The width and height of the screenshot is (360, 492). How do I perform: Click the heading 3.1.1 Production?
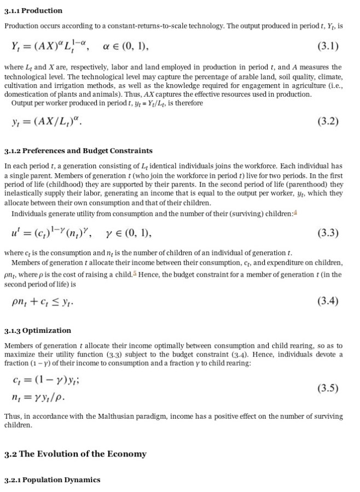[x=33, y=11]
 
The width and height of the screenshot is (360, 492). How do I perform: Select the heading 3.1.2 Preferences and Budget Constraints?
[x=78, y=151]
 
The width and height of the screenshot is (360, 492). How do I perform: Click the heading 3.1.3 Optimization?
[x=38, y=331]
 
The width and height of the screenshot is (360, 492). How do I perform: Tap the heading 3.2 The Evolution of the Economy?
[x=76, y=454]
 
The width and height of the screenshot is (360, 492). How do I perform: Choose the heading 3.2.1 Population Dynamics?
[x=53, y=480]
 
